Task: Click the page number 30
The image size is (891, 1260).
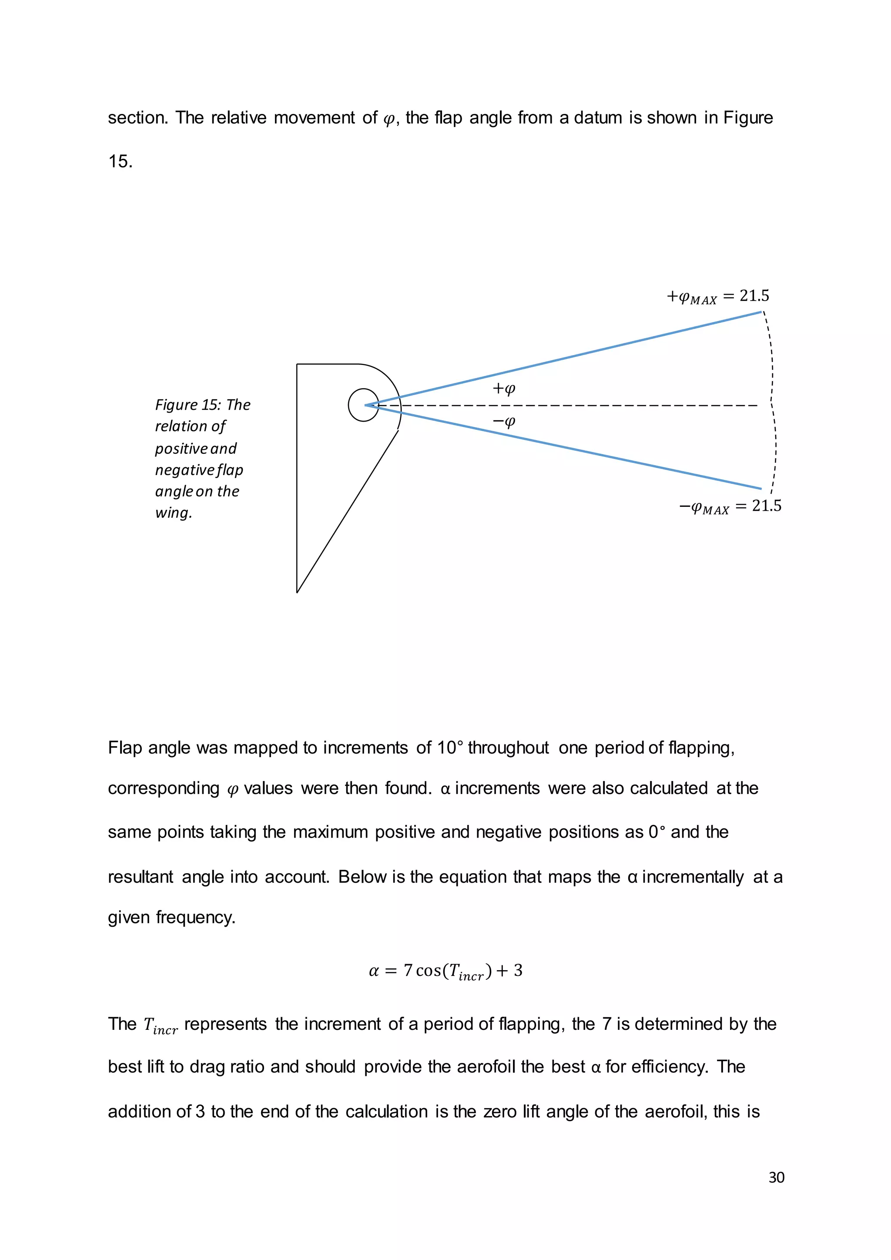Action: click(x=776, y=1178)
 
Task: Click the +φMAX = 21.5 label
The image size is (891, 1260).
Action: click(x=717, y=297)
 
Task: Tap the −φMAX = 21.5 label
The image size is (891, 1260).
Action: click(x=730, y=506)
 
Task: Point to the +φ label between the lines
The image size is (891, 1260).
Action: click(x=504, y=389)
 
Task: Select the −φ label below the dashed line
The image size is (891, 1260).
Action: click(x=504, y=422)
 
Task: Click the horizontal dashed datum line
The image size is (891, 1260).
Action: click(x=603, y=405)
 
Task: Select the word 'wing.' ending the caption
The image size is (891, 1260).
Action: click(x=174, y=513)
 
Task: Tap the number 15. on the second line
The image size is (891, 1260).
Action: click(x=120, y=161)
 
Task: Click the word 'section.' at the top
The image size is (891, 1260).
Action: click(x=138, y=118)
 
